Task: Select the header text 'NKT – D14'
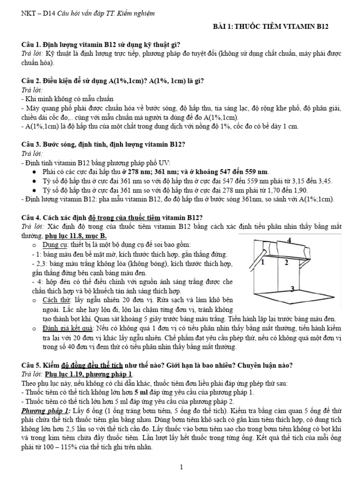coord(38,14)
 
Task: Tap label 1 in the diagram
coord(262,261)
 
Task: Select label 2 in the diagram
coord(286,263)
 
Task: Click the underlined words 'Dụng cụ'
coord(55,246)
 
